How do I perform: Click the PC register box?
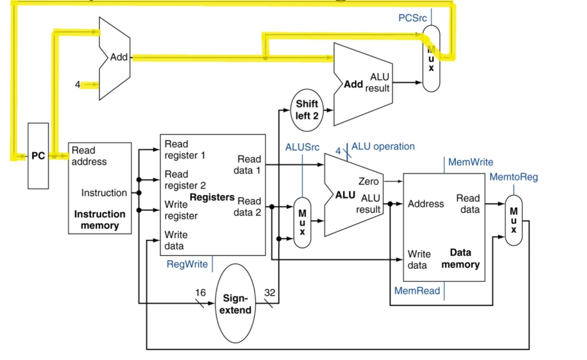point(38,156)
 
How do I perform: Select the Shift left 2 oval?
point(307,110)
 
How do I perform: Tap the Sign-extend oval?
point(235,304)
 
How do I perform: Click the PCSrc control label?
point(412,18)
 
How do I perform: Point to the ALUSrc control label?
point(302,147)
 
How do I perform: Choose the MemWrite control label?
point(471,162)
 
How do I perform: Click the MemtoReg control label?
point(514,177)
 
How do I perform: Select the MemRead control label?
point(417,291)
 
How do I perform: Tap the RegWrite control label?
point(187,264)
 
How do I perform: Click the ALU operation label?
point(383,146)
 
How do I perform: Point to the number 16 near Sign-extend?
point(200,293)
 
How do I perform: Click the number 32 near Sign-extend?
point(270,293)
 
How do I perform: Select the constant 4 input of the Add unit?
point(78,85)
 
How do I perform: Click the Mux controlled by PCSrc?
point(431,58)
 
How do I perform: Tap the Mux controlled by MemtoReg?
point(514,220)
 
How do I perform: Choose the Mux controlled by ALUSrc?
point(302,223)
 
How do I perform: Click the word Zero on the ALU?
point(368,181)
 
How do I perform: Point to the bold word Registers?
point(212,197)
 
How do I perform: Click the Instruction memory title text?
point(100,220)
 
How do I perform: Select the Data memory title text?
point(460,258)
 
